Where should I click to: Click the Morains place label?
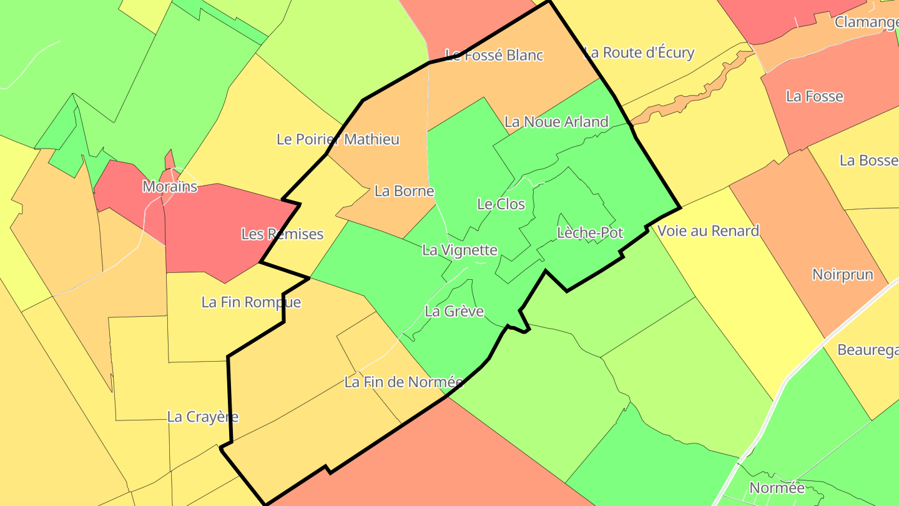pyautogui.click(x=170, y=186)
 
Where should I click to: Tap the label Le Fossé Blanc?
pyautogui.click(x=494, y=55)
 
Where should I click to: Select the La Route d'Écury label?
pyautogui.click(x=639, y=52)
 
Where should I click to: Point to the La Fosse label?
pyautogui.click(x=815, y=96)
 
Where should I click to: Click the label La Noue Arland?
pyautogui.click(x=556, y=121)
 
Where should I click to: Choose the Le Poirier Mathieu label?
pyautogui.click(x=338, y=139)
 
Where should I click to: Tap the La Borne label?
pyautogui.click(x=404, y=191)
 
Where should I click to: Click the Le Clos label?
pyautogui.click(x=501, y=204)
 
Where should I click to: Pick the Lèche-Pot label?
pyautogui.click(x=590, y=233)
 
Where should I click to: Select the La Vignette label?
pyautogui.click(x=459, y=251)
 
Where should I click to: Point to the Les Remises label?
pyautogui.click(x=282, y=234)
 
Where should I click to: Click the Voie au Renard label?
pyautogui.click(x=708, y=231)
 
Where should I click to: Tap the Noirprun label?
pyautogui.click(x=842, y=274)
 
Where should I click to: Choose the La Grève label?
pyautogui.click(x=454, y=311)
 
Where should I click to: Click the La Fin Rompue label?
pyautogui.click(x=251, y=302)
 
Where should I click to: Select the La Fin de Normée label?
pyautogui.click(x=403, y=382)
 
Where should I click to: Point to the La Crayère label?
pyautogui.click(x=203, y=417)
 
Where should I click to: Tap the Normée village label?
pyautogui.click(x=777, y=488)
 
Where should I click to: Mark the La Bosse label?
pyautogui.click(x=868, y=160)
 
